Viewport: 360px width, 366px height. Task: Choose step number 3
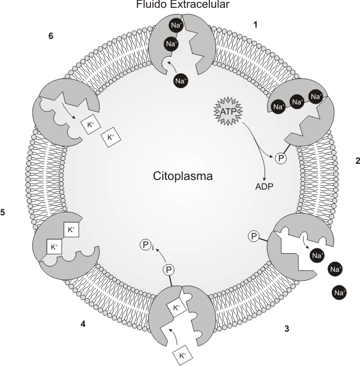click(287, 328)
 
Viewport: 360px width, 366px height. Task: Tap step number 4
click(82, 325)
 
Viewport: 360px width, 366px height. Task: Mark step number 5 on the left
click(4, 212)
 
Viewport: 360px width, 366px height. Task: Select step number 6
click(51, 36)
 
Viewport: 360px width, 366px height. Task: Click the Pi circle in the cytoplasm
click(145, 244)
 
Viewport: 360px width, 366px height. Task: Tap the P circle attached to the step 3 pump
click(254, 236)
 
